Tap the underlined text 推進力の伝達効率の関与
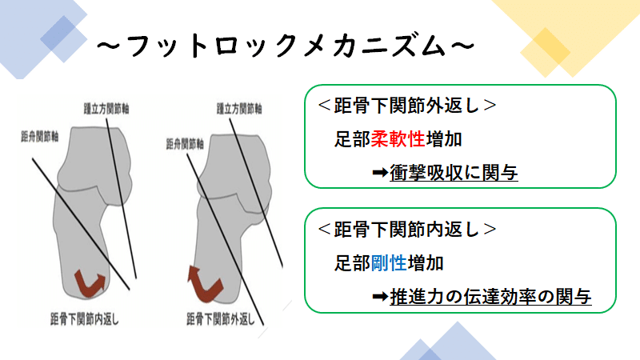490,297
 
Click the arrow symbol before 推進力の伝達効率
380,297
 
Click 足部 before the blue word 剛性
352,262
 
